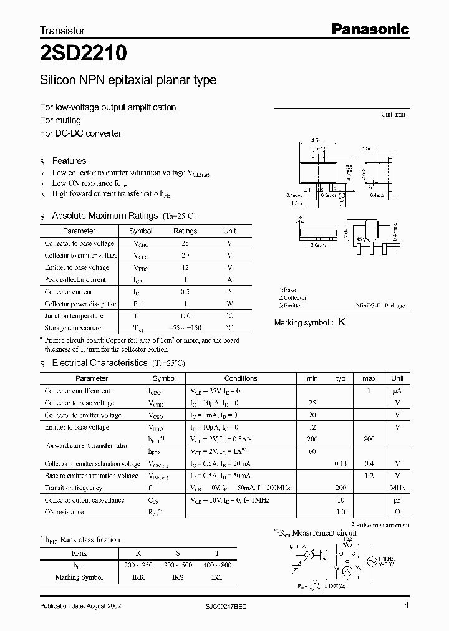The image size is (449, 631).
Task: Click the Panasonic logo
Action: point(369,29)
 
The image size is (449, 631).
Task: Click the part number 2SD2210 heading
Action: point(84,54)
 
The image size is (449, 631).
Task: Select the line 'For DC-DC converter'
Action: point(80,133)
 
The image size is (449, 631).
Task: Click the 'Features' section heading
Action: point(69,161)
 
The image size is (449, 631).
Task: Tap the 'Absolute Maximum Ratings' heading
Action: point(104,216)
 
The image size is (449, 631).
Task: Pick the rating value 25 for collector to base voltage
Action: point(185,243)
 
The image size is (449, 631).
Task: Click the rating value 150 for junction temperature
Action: point(185,316)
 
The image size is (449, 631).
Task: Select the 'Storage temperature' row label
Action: point(72,328)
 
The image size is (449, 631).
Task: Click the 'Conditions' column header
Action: point(241,378)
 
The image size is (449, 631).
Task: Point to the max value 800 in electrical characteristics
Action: point(369,440)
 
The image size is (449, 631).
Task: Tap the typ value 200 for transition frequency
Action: point(340,488)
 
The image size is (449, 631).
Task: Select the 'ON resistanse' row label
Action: point(64,512)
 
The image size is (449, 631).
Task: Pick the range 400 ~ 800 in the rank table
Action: point(217,565)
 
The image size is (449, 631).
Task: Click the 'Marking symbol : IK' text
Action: point(310,323)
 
